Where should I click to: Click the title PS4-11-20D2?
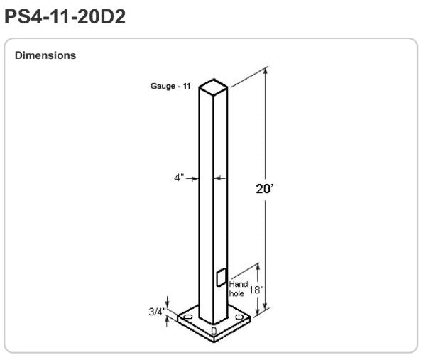(x=65, y=17)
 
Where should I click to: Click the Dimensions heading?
(x=45, y=55)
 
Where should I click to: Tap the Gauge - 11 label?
(x=170, y=86)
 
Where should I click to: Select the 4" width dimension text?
(x=180, y=178)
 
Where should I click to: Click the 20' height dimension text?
(x=264, y=189)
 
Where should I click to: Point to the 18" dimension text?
(x=256, y=290)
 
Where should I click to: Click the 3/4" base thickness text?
(x=157, y=312)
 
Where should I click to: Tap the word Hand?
(x=239, y=284)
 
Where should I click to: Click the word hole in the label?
(x=236, y=293)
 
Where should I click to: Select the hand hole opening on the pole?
(x=222, y=278)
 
